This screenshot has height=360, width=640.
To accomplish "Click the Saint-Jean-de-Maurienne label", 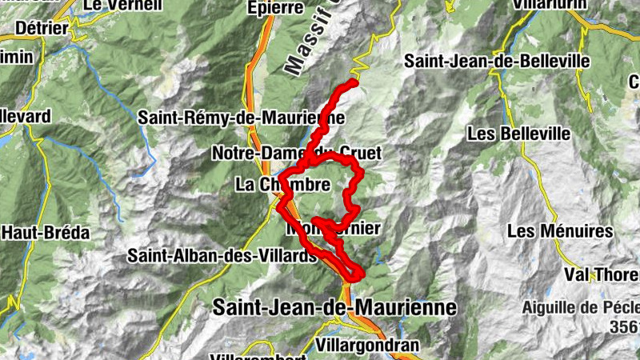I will [x=334, y=307].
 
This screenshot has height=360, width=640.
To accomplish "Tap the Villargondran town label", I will [x=367, y=346].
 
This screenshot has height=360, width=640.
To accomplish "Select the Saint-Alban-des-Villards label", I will [x=222, y=256].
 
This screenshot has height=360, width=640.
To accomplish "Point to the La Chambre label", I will [x=282, y=185].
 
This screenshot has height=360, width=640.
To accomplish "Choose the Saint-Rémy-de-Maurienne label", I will [x=241, y=118].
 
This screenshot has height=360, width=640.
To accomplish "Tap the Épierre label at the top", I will [x=276, y=8].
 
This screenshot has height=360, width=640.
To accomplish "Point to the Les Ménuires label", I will [x=560, y=231].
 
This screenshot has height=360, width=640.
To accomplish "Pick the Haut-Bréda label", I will [x=45, y=233].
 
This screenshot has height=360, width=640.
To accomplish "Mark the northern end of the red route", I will [x=354, y=82].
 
